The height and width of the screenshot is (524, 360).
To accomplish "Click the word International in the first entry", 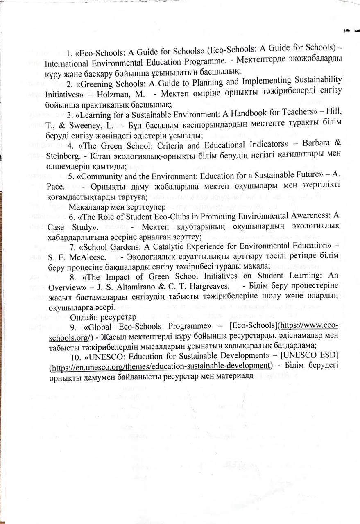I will click(67, 63).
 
